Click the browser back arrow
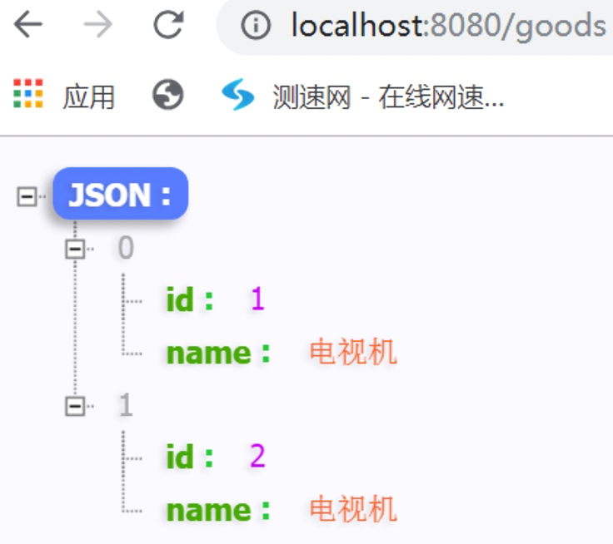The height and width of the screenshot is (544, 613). [27, 26]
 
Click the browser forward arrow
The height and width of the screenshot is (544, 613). [97, 26]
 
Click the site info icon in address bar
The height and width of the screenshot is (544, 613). [255, 27]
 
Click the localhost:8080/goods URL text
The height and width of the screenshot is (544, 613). [447, 27]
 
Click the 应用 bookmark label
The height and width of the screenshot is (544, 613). [88, 96]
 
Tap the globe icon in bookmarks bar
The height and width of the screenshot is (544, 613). [167, 96]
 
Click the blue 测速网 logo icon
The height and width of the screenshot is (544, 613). [237, 96]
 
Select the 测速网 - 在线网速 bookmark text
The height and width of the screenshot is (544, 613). [388, 96]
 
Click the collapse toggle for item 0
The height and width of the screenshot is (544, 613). [76, 248]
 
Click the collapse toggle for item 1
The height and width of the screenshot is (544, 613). [76, 405]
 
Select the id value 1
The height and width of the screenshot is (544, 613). [257, 300]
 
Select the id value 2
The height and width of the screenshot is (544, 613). [257, 457]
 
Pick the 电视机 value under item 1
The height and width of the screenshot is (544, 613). [353, 509]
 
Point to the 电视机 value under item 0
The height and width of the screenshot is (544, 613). [353, 353]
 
